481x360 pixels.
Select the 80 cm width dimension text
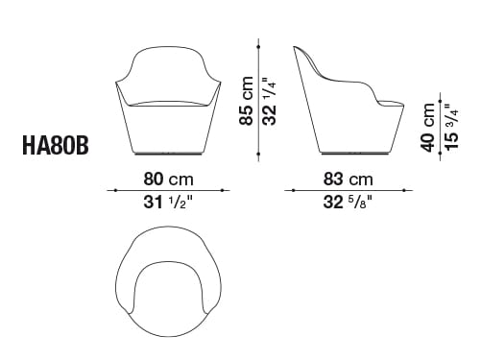click(168, 180)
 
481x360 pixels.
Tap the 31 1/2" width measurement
click(168, 203)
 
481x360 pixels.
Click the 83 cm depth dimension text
click(348, 180)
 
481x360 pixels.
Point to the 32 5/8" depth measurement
click(348, 203)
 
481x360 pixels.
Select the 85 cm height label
click(247, 102)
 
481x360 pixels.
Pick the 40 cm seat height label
click(426, 125)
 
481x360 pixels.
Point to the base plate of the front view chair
click(168, 154)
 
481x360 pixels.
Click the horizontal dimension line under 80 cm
click(168, 191)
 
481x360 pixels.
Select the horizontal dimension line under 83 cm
click(348, 191)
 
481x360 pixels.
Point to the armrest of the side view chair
click(379, 96)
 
